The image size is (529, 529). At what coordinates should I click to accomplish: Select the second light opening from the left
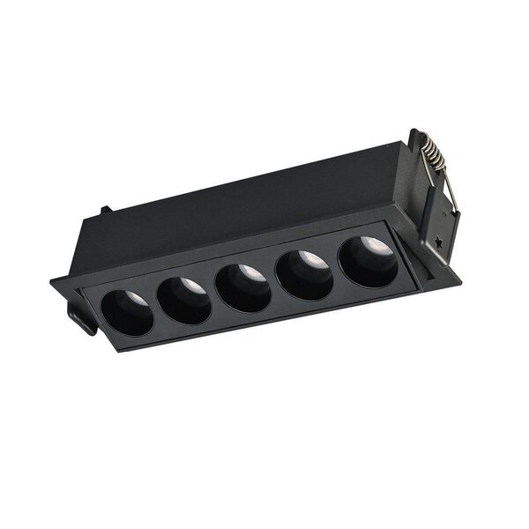click(x=185, y=297)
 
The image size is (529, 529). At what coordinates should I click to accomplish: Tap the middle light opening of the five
click(x=243, y=286)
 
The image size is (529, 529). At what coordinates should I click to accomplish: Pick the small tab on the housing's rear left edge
click(x=106, y=211)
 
